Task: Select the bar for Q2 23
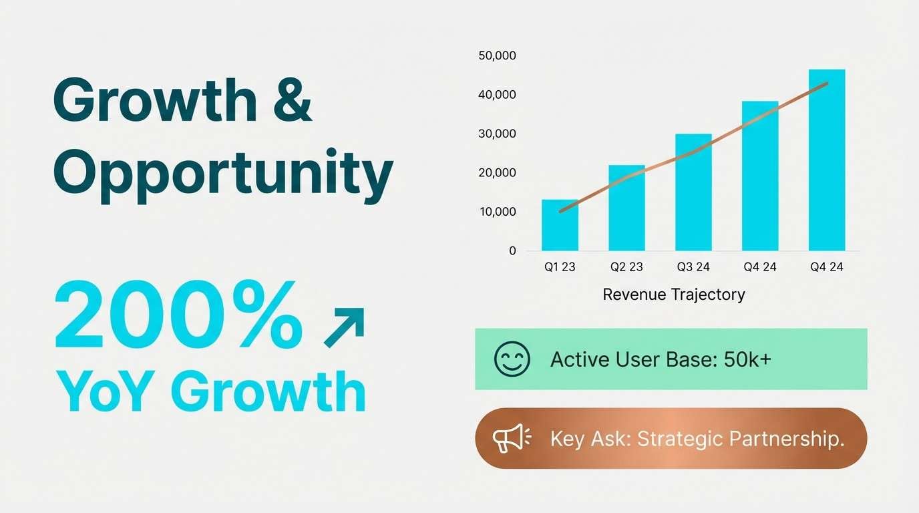626,208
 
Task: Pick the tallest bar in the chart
827,160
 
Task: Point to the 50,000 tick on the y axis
498,56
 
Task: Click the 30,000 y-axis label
498,134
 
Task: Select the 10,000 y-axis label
498,212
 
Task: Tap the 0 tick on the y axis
512,251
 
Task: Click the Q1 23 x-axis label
560,267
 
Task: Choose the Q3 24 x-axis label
693,267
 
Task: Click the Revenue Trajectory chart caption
673,295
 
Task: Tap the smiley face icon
512,359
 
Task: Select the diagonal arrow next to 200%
344,328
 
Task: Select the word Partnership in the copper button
787,440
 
